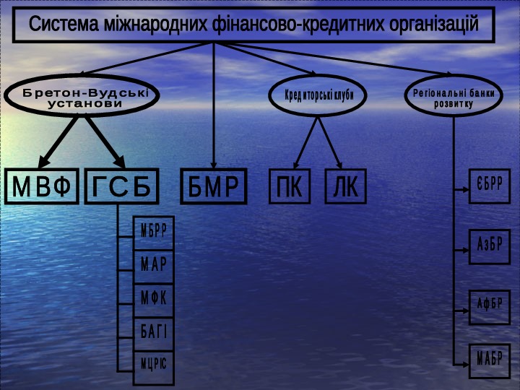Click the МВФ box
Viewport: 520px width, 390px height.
tap(42, 187)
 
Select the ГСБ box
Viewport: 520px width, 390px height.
tap(121, 187)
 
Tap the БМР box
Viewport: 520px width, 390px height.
tap(213, 187)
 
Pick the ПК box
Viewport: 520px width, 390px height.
tap(290, 186)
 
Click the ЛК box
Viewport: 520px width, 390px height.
tap(345, 186)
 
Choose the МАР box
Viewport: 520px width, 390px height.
tap(154, 265)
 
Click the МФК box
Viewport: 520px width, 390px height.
tap(154, 299)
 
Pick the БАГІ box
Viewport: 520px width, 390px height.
tap(154, 332)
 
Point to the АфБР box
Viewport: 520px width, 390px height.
tap(489, 303)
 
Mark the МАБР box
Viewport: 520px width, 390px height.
tap(489, 357)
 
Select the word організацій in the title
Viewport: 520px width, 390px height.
tap(433, 25)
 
